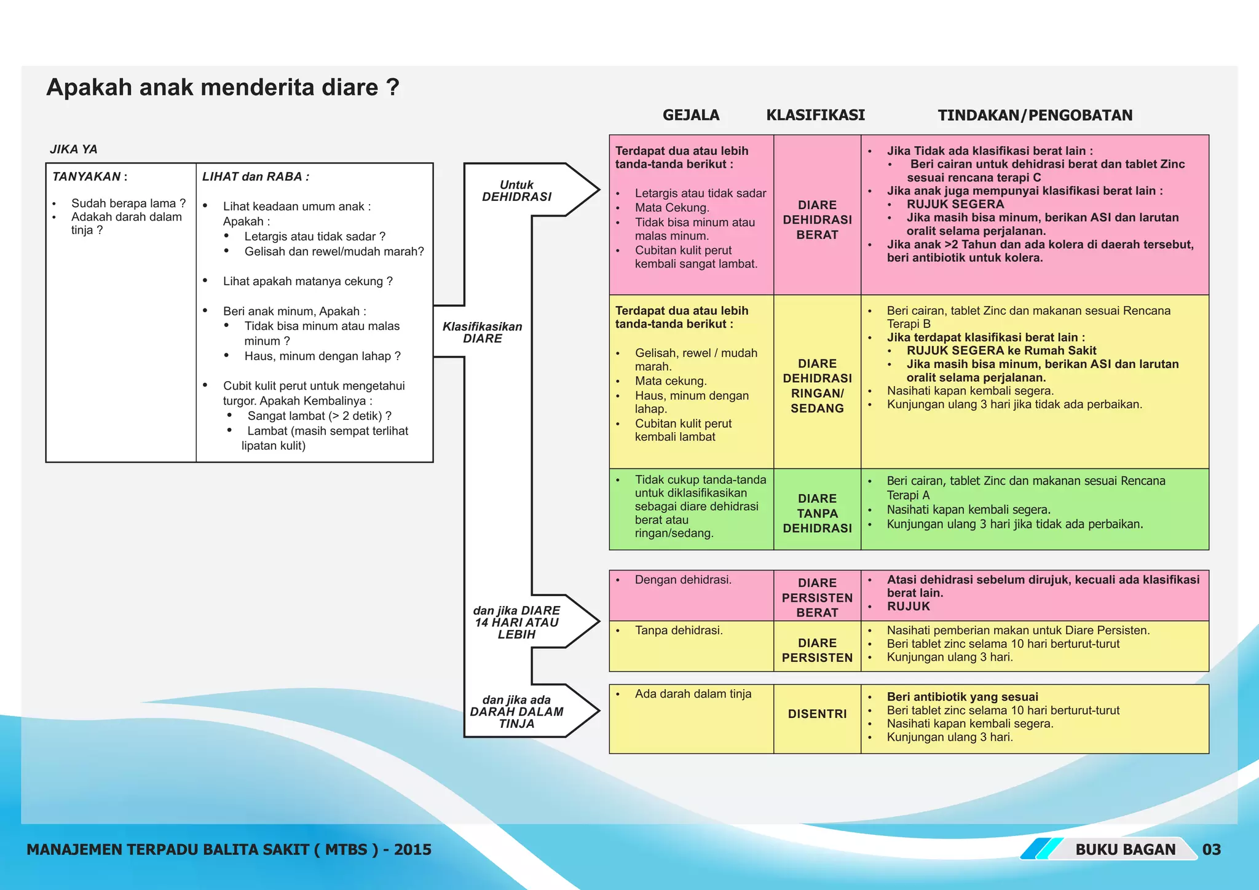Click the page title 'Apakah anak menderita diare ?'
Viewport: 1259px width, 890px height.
click(223, 87)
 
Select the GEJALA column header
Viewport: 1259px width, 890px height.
click(690, 115)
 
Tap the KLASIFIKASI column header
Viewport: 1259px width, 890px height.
click(815, 115)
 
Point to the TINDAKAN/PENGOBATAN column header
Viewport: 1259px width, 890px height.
click(1035, 115)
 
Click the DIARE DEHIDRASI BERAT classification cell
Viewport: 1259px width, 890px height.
click(817, 219)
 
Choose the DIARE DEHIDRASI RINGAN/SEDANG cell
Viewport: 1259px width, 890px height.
click(817, 385)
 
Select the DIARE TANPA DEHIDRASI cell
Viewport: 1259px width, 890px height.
click(817, 513)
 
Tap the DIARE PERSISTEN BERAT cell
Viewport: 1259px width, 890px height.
click(817, 597)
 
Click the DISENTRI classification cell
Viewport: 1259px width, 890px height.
click(817, 714)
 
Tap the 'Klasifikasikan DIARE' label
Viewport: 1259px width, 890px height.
click(483, 332)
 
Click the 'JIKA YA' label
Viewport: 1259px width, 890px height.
click(73, 149)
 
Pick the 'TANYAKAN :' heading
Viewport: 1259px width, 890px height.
click(90, 176)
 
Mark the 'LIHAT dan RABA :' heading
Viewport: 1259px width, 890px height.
click(255, 176)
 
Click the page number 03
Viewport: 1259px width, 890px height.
click(1211, 849)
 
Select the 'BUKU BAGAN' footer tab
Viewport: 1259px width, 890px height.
click(1125, 849)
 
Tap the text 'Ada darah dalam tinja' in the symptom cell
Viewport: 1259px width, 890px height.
click(693, 694)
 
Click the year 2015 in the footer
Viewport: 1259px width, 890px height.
click(412, 849)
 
